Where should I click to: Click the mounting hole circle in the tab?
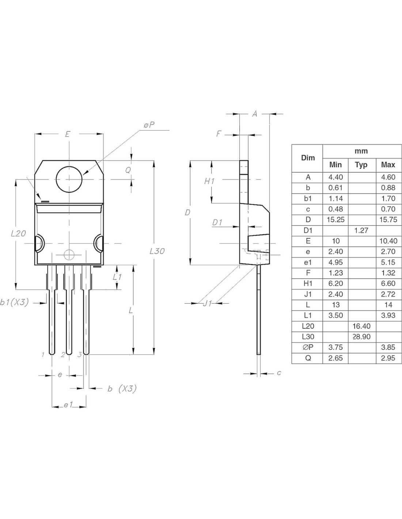(x=69, y=179)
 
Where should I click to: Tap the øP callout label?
(x=149, y=125)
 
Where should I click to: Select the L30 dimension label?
(x=157, y=251)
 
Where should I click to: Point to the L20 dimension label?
(x=19, y=233)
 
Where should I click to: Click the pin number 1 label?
(x=43, y=354)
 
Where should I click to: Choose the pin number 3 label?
(x=79, y=354)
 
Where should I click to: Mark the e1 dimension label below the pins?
(x=68, y=405)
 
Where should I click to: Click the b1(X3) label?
(x=14, y=302)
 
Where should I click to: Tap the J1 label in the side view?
(x=207, y=303)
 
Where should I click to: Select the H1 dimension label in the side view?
(x=209, y=181)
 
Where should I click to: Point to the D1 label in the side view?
(x=217, y=222)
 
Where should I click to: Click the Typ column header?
(x=361, y=165)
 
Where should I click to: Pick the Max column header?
(x=388, y=165)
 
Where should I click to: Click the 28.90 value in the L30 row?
(x=361, y=337)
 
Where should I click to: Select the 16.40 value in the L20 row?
(x=361, y=326)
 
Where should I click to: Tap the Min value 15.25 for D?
(x=335, y=220)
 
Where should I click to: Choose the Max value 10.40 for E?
(x=388, y=241)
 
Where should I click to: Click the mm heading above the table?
(x=361, y=151)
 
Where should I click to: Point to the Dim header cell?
(x=308, y=158)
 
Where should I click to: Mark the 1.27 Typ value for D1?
(x=361, y=231)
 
